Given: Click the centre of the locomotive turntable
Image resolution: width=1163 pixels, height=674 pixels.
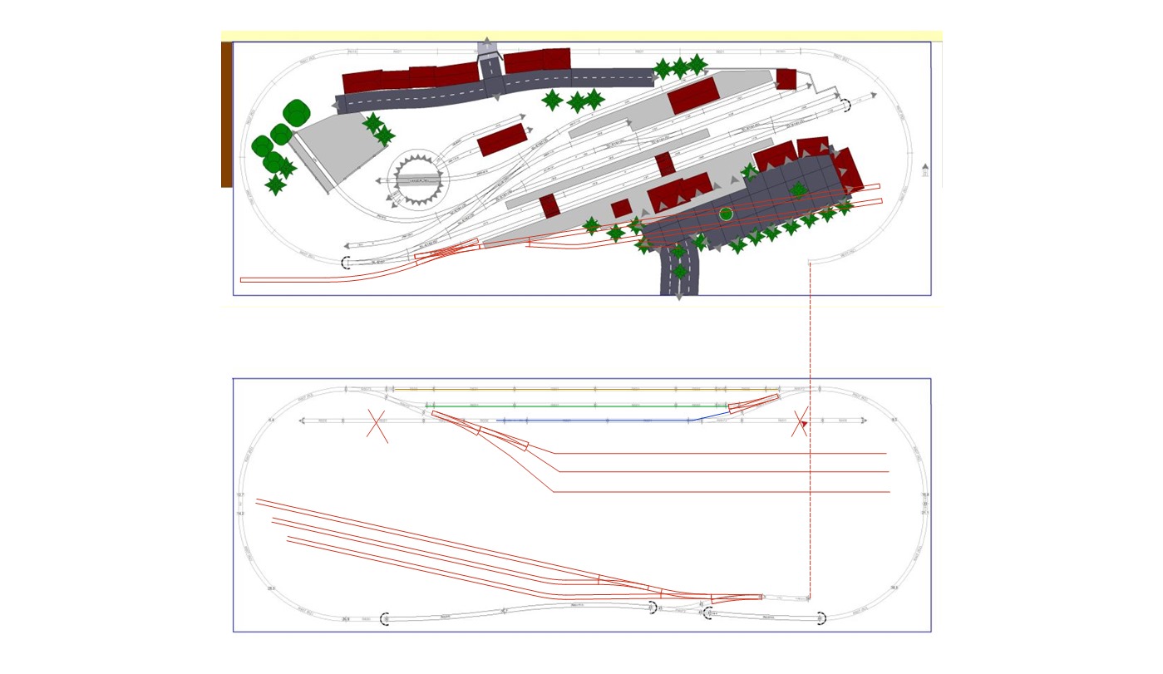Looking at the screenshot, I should coord(417,179).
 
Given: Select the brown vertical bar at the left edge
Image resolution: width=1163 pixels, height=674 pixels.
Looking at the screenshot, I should coord(226,114).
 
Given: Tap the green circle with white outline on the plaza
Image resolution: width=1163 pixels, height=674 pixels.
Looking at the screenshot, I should coord(726,214).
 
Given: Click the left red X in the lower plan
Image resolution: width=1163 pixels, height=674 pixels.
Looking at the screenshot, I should coord(377,426).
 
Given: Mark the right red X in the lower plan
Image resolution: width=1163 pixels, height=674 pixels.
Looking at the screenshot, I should coord(800,423).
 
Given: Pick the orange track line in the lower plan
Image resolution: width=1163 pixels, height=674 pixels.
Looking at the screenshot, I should coord(582,389).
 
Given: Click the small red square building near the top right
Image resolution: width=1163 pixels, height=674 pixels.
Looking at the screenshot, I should coord(786,79).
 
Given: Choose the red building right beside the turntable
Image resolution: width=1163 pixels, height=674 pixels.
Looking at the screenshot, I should coord(502,140).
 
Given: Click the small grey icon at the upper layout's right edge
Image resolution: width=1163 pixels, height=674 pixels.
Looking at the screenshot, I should coord(925,170).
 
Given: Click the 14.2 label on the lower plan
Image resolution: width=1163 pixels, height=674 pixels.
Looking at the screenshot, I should coord(240,514).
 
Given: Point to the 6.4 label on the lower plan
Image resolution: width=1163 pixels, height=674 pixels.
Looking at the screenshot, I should coord(271,421).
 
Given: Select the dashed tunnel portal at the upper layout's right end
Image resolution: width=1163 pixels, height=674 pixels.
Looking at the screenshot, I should coord(845,105).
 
